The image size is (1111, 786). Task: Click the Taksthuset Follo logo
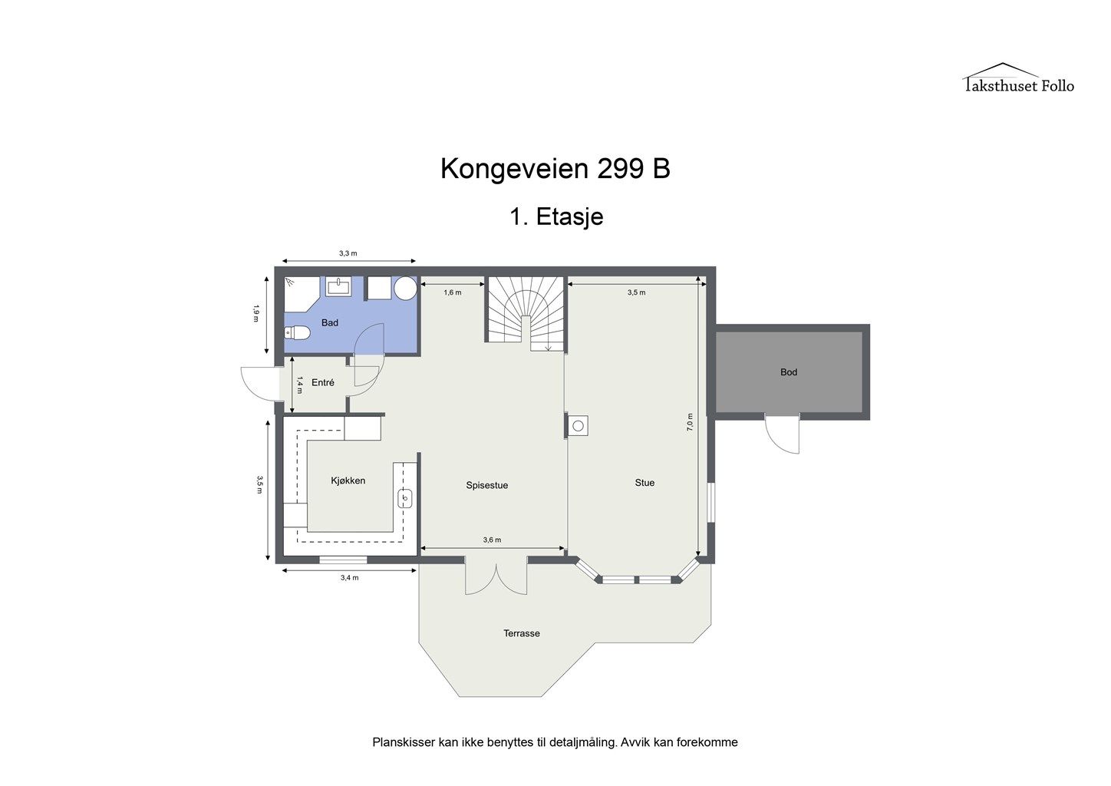pos(1018,79)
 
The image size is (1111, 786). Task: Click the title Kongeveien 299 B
pos(555,169)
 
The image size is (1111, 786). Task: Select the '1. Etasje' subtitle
pos(556,217)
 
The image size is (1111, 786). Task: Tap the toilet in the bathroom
pos(296,332)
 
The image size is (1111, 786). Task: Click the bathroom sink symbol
pos(338,287)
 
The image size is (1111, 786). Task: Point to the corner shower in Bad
pos(298,292)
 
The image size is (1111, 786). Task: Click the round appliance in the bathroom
pos(406,289)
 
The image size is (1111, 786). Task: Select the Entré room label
pos(322,382)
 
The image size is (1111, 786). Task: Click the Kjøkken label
pos(348,481)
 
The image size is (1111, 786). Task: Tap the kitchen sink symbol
pos(405,499)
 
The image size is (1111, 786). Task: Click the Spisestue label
pos(486,485)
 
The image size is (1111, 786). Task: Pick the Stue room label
pos(645,483)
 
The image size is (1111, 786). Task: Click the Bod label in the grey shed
pos(789,372)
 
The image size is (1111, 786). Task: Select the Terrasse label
pos(522,633)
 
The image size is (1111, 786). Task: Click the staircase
pos(526,311)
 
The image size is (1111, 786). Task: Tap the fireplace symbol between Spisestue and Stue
pos(579,424)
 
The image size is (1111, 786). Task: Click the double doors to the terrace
pos(496,578)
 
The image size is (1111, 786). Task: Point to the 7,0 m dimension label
pos(690,421)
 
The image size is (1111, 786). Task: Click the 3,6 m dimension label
pos(492,540)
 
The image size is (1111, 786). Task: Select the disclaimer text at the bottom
pos(555,742)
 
